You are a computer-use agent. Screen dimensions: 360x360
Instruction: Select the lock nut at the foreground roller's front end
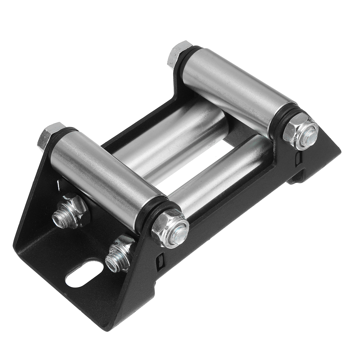click(x=169, y=228)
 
